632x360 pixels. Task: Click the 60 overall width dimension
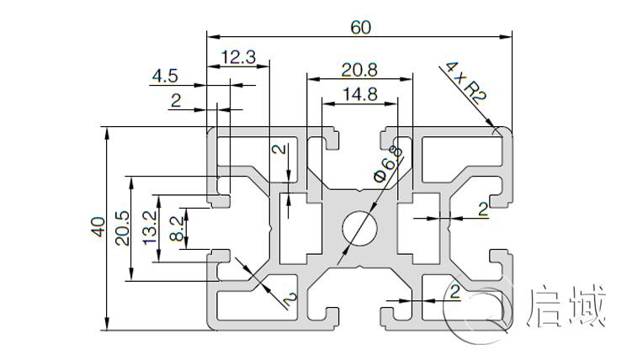click(360, 26)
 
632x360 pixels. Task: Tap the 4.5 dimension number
click(165, 77)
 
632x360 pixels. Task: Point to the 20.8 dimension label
click(359, 69)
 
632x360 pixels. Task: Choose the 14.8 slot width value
click(359, 94)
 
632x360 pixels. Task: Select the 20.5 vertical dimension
click(123, 228)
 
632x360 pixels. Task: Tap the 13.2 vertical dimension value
click(150, 227)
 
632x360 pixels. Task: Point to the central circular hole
click(360, 228)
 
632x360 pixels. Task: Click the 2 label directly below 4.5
click(175, 101)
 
